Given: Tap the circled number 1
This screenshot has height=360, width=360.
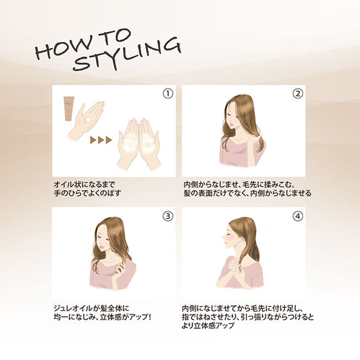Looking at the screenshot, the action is (168, 94).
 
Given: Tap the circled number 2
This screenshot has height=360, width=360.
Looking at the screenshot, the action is (298, 94).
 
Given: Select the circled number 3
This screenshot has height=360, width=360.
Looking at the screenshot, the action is (168, 216).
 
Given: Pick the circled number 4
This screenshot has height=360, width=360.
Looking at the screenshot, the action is (298, 216).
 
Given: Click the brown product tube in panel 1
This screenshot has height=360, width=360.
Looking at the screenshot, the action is (69, 109).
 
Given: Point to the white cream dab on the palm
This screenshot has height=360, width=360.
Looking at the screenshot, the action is (88, 120).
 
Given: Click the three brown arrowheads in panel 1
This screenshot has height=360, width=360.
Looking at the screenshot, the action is (101, 140).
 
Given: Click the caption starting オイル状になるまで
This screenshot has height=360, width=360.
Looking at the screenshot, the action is (84, 184).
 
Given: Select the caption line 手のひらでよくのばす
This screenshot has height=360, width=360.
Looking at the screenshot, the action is (87, 193).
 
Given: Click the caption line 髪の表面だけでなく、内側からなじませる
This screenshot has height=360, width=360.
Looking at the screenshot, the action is (247, 193).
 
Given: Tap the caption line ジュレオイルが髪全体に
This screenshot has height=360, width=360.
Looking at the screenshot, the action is (91, 309).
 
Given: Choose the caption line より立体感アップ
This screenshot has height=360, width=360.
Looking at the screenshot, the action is (208, 326).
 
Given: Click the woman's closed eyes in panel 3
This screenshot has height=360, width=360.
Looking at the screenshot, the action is (104, 238).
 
